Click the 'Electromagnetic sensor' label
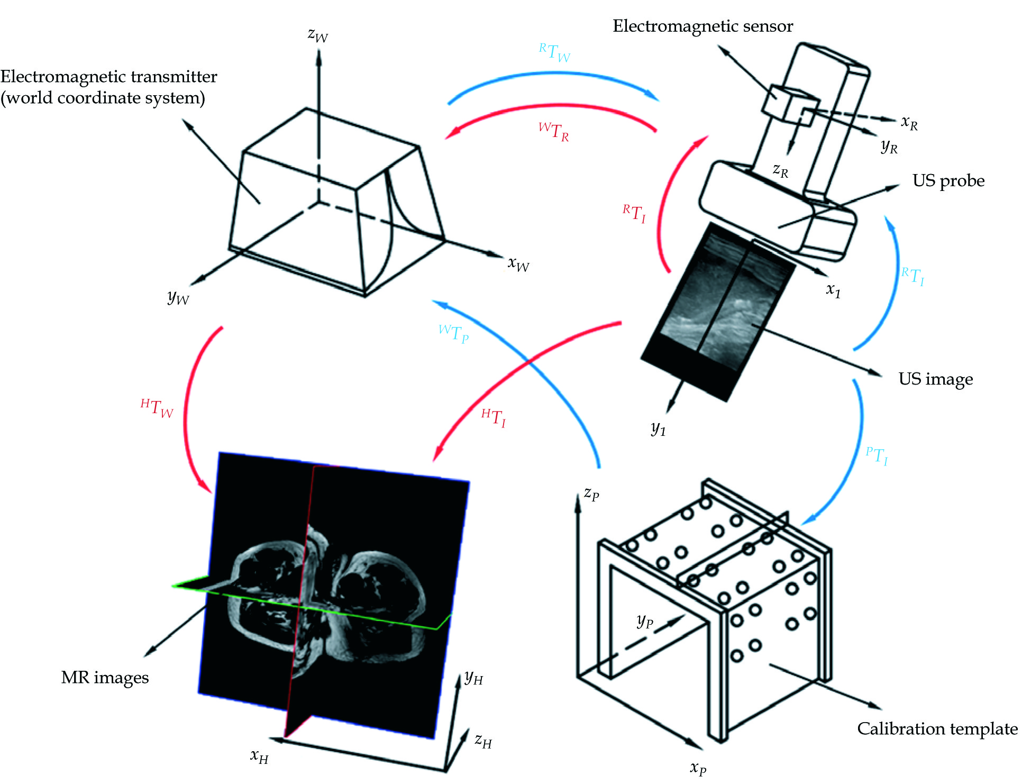pyautogui.click(x=702, y=26)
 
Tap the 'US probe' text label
pyautogui.click(x=948, y=181)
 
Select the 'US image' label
pyautogui.click(x=935, y=379)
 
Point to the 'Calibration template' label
pyautogui.click(x=937, y=729)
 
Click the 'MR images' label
pyautogui.click(x=105, y=678)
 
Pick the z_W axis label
pyautogui.click(x=317, y=35)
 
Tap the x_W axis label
pyautogui.click(x=518, y=263)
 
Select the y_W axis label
pyautogui.click(x=178, y=298)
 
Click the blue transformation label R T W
pyautogui.click(x=554, y=53)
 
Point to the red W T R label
pyautogui.click(x=554, y=131)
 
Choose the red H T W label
pyautogui.click(x=157, y=408)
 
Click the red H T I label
pyautogui.click(x=494, y=417)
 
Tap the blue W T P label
pyautogui.click(x=453, y=333)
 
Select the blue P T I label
pyautogui.click(x=877, y=455)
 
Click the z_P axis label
pyautogui.click(x=591, y=494)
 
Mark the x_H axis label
pyautogui.click(x=259, y=756)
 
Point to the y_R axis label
pyautogui.click(x=889, y=146)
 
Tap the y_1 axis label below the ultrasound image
pyautogui.click(x=658, y=428)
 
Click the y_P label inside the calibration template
pyautogui.click(x=645, y=621)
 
